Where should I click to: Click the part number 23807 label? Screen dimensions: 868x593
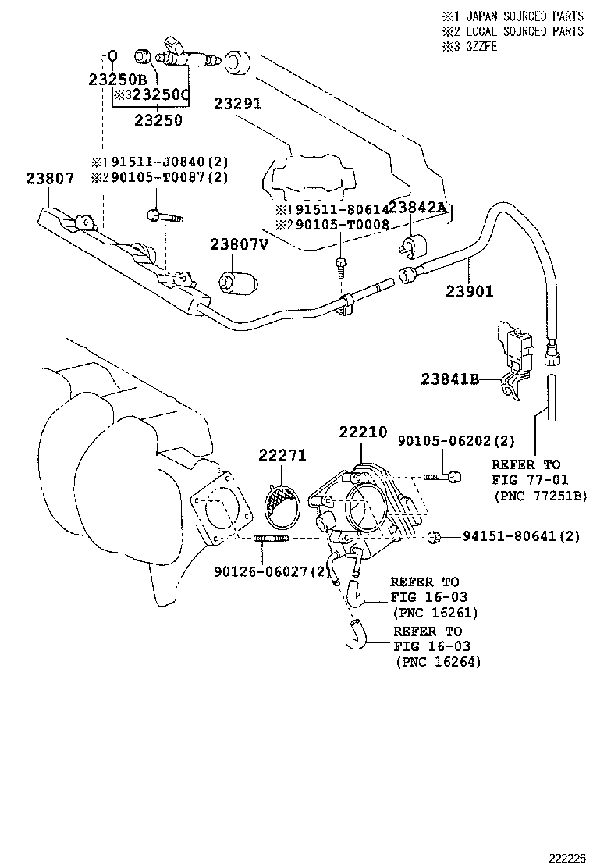pos(49,178)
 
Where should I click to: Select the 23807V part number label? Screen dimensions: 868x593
pos(239,244)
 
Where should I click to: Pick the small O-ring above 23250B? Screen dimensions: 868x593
pos(112,55)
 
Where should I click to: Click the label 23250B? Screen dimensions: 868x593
pos(117,79)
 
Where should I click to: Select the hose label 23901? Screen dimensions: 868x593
pos(470,290)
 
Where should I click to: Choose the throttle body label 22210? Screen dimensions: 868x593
pos(362,432)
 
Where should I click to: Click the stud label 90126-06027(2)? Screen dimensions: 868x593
pos(272,572)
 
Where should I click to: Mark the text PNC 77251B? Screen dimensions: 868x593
pos(539,495)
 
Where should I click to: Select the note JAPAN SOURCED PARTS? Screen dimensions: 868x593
pos(520,16)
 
